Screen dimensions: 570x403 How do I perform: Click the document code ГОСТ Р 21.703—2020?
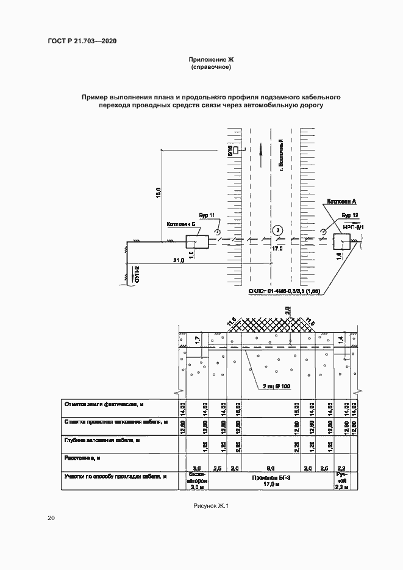point(82,41)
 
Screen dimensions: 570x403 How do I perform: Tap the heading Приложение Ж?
point(211,60)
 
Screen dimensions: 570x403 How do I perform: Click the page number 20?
point(51,518)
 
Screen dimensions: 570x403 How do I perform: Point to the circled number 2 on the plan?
point(277,230)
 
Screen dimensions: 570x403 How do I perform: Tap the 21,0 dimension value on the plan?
point(179,261)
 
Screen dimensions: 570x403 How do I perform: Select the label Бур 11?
point(207,215)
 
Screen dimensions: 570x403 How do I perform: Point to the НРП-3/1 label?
point(352,227)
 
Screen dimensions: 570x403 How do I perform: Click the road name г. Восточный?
point(282,154)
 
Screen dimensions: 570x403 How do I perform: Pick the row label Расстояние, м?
point(82,457)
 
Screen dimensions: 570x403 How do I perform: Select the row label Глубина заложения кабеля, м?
point(99,440)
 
